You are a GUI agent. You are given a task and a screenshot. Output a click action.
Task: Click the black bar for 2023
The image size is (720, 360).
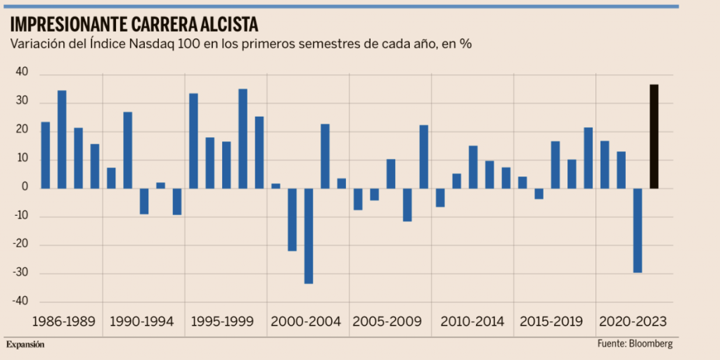click(654, 136)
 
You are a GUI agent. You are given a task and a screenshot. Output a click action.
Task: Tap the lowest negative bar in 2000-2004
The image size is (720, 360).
click(309, 236)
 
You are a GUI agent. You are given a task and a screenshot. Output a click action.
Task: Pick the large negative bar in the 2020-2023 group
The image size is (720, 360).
click(638, 230)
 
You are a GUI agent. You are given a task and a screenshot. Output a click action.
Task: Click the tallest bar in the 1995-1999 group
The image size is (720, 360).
click(243, 139)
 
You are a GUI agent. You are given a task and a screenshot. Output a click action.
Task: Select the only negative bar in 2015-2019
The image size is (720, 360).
click(539, 193)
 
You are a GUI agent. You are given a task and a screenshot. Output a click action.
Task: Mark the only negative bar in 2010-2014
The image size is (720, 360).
click(440, 198)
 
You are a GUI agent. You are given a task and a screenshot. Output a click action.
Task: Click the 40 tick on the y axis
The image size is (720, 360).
click(21, 72)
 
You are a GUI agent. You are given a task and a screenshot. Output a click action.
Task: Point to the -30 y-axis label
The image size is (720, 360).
click(20, 273)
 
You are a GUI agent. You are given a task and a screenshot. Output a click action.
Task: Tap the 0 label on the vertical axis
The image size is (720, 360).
click(25, 188)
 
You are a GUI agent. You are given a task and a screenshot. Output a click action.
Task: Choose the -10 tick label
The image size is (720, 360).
click(20, 216)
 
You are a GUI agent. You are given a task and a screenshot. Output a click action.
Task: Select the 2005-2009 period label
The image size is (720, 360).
click(387, 321)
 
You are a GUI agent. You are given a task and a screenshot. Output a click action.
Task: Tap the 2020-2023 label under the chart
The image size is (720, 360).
click(632, 321)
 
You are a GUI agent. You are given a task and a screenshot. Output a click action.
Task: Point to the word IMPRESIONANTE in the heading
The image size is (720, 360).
click(68, 25)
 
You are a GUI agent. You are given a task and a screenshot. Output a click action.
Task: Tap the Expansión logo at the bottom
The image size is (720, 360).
click(25, 345)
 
